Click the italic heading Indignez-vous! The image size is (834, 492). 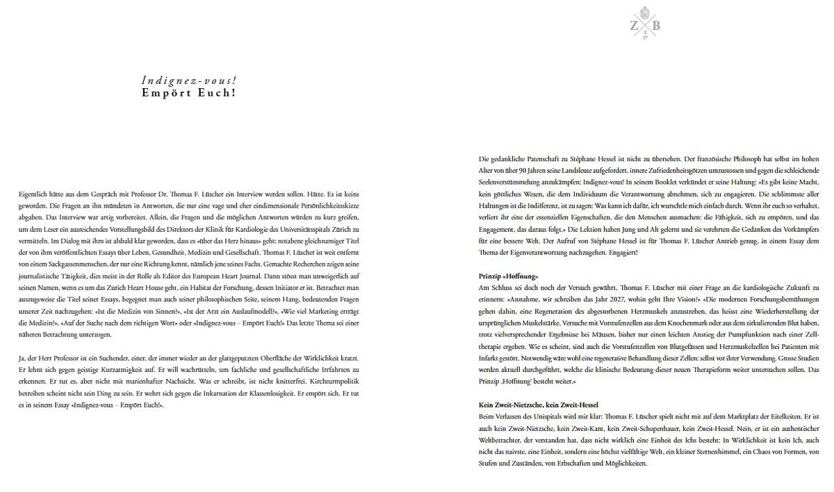tap(188, 80)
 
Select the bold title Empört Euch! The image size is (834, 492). tap(188, 92)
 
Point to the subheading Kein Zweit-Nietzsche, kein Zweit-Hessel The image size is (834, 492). tap(539, 405)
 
